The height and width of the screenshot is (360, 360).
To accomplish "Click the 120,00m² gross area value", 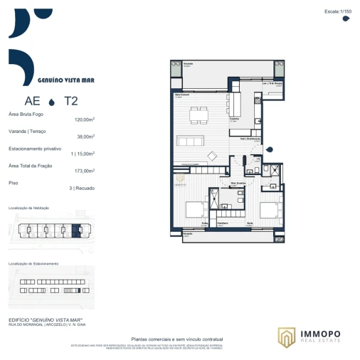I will click(85, 120).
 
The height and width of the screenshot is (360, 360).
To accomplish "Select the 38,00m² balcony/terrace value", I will click(86, 137).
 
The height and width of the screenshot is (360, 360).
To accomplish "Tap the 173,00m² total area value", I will click(85, 171).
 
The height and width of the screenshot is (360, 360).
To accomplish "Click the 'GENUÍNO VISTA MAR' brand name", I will click(65, 80).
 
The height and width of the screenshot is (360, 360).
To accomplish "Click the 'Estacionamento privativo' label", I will click(34, 148).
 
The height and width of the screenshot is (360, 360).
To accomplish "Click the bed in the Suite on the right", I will click(269, 209).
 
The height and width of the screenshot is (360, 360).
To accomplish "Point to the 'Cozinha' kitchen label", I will click(234, 119).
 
